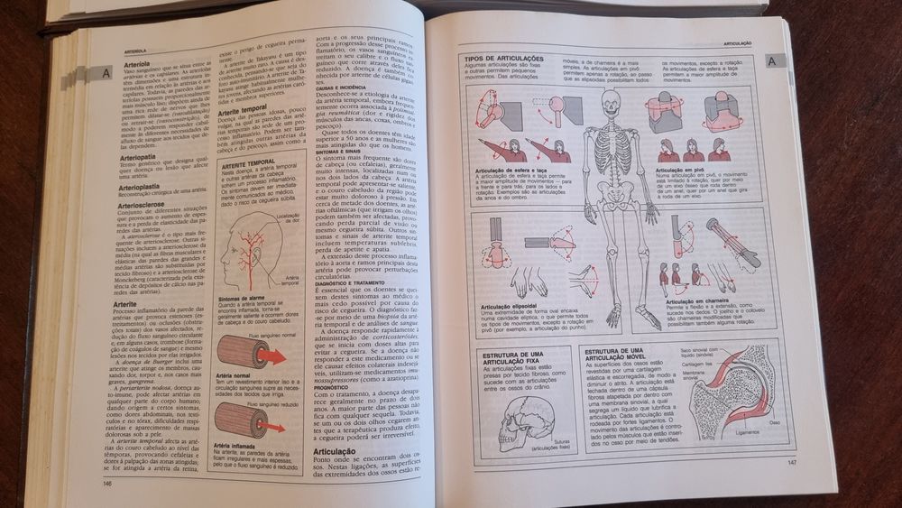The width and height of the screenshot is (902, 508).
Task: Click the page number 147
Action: (x=792, y=463)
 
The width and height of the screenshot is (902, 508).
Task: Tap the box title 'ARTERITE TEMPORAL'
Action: (x=248, y=162)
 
